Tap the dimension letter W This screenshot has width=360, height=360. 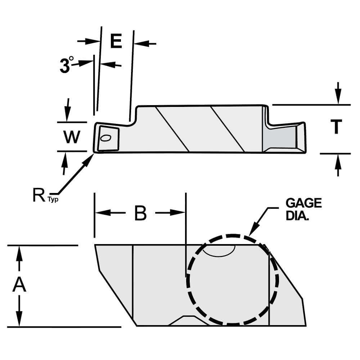[72, 137]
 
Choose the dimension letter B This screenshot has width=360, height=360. [140, 213]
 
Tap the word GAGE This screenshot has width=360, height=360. [303, 203]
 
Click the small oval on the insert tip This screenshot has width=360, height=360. [106, 138]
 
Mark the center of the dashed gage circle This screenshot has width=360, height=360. [233, 279]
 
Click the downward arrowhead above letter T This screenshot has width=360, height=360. [338, 98]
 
